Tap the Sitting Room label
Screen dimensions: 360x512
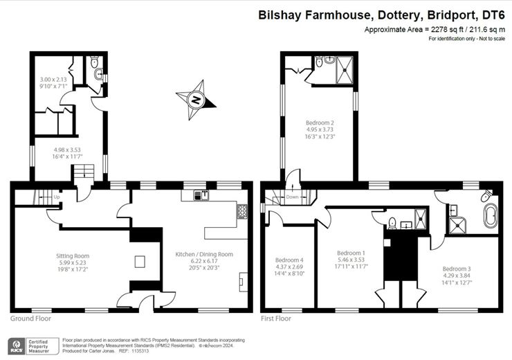(x=73, y=256)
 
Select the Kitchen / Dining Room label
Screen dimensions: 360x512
(x=205, y=254)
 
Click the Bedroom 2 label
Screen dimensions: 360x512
(x=320, y=123)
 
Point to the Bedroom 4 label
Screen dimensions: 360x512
(x=289, y=260)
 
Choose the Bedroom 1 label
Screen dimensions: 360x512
(x=351, y=253)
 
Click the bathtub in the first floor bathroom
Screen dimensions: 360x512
(x=489, y=215)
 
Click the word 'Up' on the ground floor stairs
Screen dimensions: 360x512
(x=56, y=197)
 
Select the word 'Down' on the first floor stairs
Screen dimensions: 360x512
(x=292, y=197)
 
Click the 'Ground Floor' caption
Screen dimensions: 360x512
(x=30, y=319)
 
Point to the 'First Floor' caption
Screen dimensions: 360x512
(x=276, y=319)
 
